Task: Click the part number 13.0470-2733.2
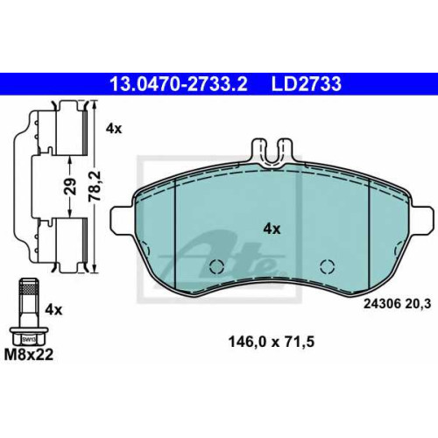[x=178, y=84]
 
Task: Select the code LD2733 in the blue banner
[x=307, y=84]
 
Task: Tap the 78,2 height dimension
[x=95, y=186]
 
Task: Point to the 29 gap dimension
[x=70, y=186]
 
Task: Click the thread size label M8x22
[x=29, y=355]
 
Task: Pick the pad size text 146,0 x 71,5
[x=272, y=342]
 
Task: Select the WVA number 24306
[x=381, y=304]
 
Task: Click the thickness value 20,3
[x=418, y=305]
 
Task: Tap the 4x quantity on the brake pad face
[x=272, y=230]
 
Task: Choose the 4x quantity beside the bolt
[x=53, y=310]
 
